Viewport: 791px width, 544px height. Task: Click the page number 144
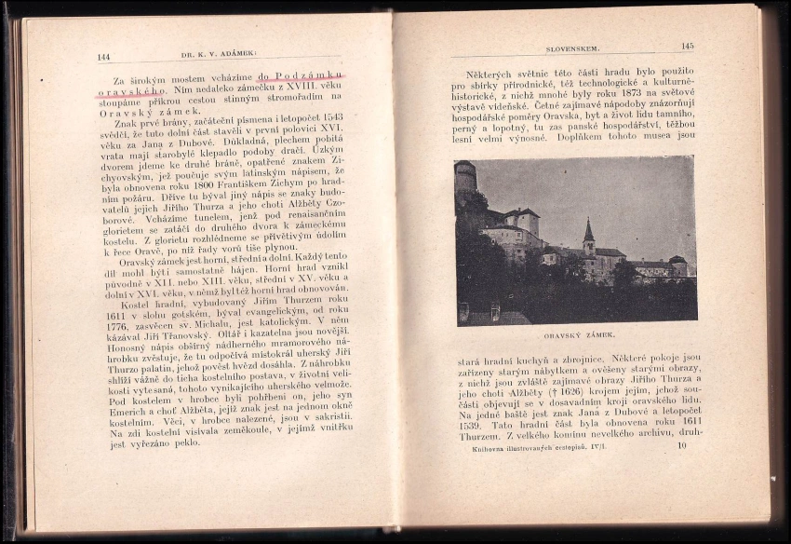(x=103, y=57)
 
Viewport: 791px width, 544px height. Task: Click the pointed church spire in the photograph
(x=588, y=231)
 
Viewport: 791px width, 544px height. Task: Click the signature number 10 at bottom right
(x=682, y=445)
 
